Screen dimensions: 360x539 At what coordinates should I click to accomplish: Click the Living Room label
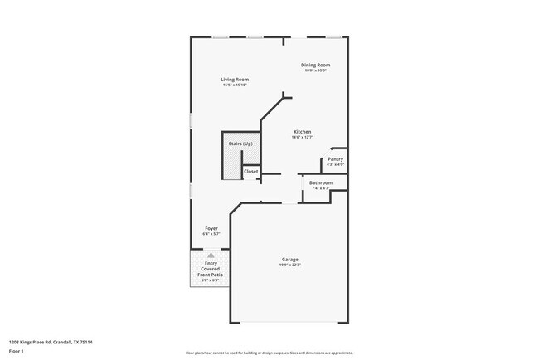(235, 80)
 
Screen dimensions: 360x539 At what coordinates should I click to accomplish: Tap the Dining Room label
(315, 65)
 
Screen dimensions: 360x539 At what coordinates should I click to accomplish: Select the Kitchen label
(302, 132)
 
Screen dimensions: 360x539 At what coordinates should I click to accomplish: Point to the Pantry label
(335, 158)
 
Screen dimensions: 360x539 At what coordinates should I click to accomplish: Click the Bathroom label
(321, 182)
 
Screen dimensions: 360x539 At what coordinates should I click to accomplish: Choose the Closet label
(250, 172)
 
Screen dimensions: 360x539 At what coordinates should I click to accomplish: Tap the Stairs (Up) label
(240, 144)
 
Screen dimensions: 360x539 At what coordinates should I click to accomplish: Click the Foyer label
(211, 228)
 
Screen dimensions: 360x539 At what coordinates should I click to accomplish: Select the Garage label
(289, 259)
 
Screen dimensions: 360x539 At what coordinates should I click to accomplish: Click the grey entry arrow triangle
(211, 255)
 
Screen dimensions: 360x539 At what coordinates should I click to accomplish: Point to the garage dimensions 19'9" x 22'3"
(289, 265)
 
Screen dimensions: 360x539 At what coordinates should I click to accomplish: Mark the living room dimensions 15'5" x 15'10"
(235, 85)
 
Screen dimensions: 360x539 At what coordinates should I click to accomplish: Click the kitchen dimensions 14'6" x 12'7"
(302, 138)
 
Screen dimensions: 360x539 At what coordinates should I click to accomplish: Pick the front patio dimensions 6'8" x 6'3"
(211, 280)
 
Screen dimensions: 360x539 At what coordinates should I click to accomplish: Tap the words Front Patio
(211, 274)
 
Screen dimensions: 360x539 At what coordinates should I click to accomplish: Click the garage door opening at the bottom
(288, 322)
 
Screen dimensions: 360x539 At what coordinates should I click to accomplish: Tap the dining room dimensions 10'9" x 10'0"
(315, 71)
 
